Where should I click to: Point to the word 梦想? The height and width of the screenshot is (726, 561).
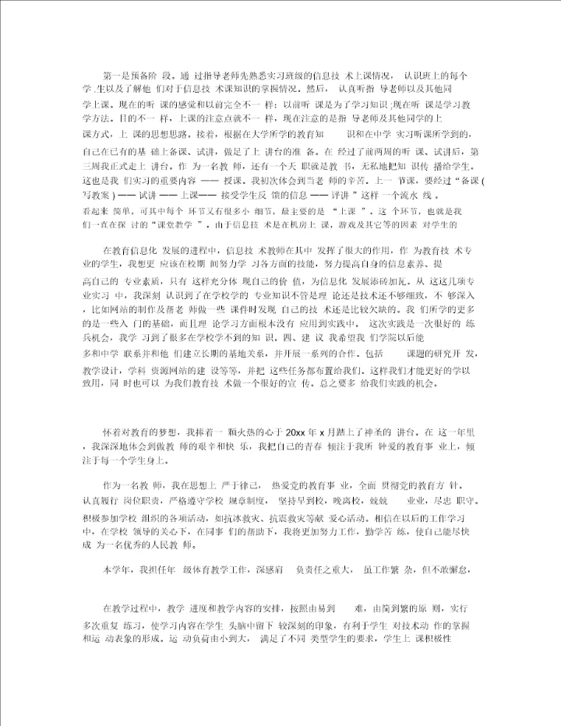[x=168, y=432]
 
